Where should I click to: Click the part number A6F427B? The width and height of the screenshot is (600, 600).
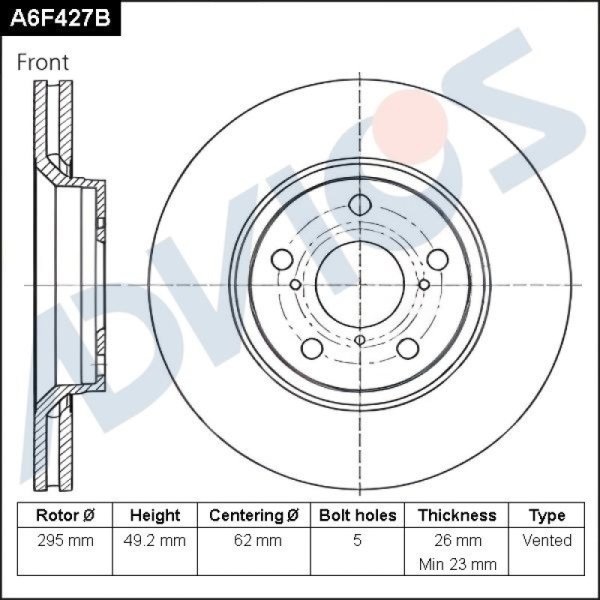(60, 18)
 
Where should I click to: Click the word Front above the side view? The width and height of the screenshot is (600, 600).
(43, 62)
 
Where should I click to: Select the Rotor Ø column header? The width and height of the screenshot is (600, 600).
(65, 515)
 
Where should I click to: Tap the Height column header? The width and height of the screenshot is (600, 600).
(155, 515)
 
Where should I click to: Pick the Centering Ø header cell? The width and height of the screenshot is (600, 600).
(254, 515)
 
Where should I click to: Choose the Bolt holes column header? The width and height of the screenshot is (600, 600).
(357, 515)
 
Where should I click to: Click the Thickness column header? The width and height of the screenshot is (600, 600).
(457, 515)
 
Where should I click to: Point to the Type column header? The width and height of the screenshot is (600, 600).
(547, 516)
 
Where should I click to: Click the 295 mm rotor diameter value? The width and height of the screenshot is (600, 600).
(65, 541)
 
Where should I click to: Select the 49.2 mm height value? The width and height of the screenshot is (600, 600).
(155, 541)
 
